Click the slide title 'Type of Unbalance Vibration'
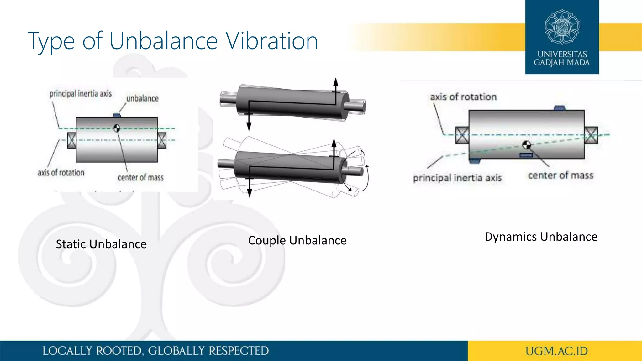(x=173, y=41)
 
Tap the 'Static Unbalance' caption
(x=101, y=244)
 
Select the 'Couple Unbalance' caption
(x=297, y=240)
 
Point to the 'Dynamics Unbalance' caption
(x=541, y=237)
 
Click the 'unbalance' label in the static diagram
(x=142, y=98)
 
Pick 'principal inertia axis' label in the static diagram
(x=81, y=93)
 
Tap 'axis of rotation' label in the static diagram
(x=61, y=173)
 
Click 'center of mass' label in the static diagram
(x=141, y=178)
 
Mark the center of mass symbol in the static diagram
(x=117, y=128)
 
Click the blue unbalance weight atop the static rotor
(x=117, y=115)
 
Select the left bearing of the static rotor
(x=71, y=140)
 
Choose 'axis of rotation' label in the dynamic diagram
(x=463, y=97)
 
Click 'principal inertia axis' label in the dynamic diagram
(x=457, y=178)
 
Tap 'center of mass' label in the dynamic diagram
(x=560, y=175)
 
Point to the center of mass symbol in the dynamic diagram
(x=527, y=145)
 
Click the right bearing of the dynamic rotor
(x=591, y=135)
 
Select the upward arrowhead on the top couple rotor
(x=336, y=82)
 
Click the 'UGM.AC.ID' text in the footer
(x=556, y=351)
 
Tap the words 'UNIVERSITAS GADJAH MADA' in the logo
(x=562, y=58)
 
